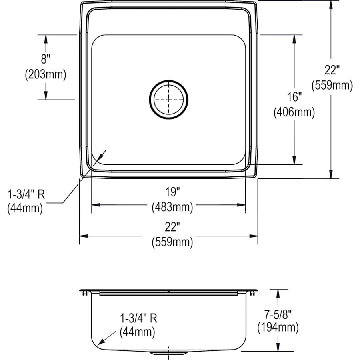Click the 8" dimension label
point(45,60)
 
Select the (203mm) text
point(45,74)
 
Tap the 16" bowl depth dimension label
point(294,97)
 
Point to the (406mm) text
point(294,112)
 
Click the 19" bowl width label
point(172,192)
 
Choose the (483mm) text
point(172,207)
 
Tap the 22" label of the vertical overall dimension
point(332,70)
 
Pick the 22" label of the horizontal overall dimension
point(172,227)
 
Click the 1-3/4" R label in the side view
point(138,318)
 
